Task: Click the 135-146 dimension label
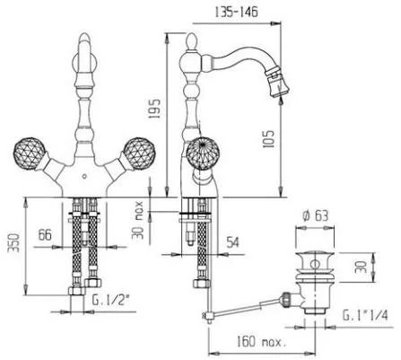pos(236,13)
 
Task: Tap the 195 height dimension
pos(154,109)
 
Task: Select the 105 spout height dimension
pos(268,139)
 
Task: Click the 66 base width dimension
pos(45,235)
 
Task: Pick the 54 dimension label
pos(232,242)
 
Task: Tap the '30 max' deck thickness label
pos(138,221)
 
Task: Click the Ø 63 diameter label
pos(315,215)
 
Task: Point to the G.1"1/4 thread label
pos(365,315)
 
